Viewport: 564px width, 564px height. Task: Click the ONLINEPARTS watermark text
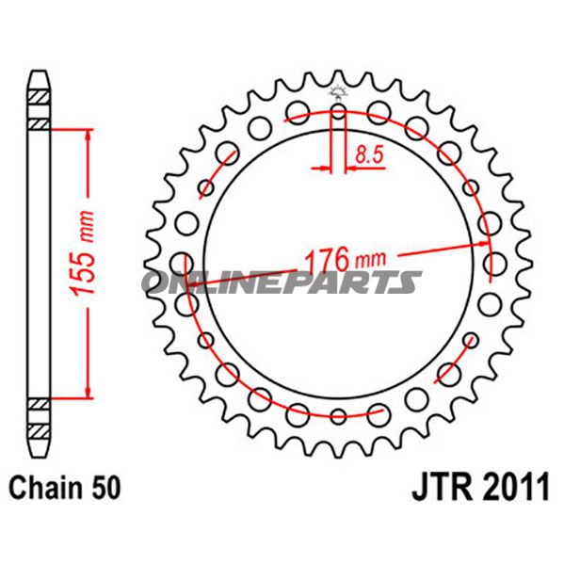[x=282, y=282]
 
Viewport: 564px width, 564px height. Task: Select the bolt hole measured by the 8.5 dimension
[x=338, y=116]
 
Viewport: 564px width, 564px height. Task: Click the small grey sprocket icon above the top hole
[x=338, y=91]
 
